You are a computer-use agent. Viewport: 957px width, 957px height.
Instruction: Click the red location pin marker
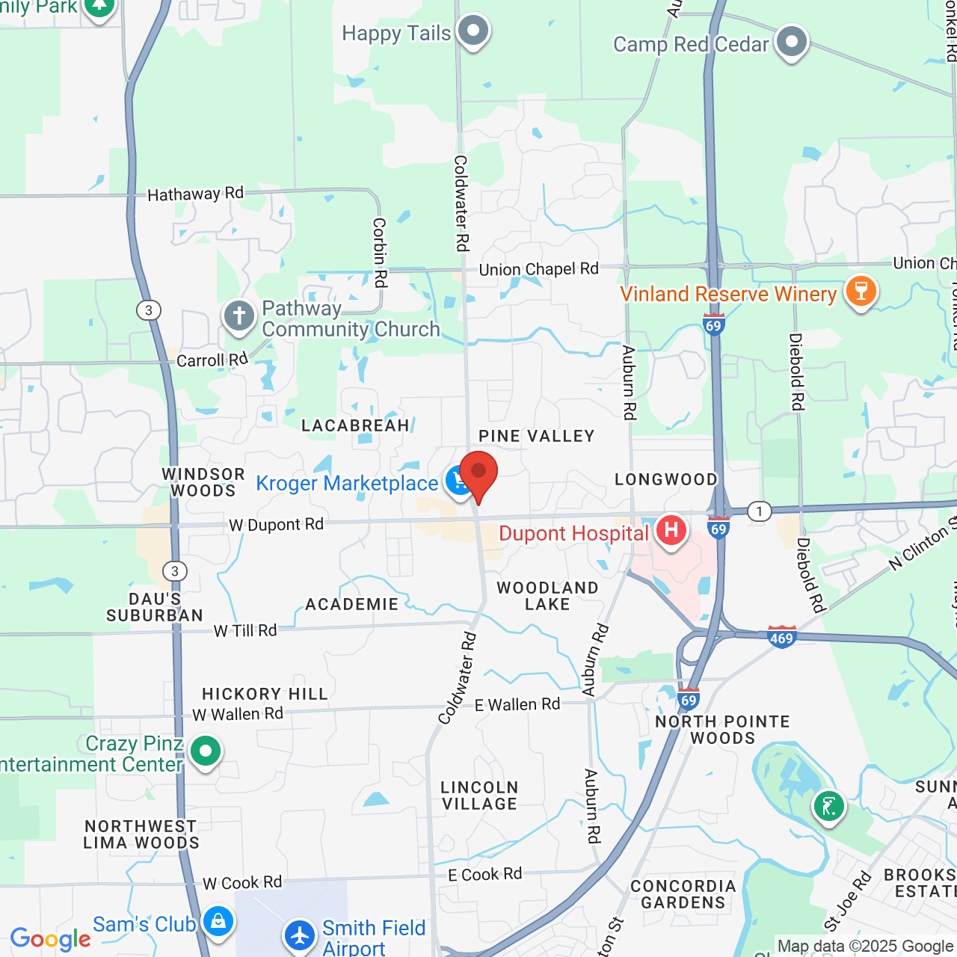[478, 474]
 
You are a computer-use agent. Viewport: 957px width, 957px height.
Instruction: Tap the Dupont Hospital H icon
[671, 531]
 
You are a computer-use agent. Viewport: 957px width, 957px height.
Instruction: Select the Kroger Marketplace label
[347, 484]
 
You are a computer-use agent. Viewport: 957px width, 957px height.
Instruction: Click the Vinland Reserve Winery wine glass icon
[861, 291]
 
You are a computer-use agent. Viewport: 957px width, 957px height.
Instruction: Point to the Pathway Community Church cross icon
[239, 316]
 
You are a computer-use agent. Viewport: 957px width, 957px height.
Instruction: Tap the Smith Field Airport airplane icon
[300, 935]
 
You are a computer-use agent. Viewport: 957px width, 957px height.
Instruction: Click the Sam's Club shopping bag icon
[218, 921]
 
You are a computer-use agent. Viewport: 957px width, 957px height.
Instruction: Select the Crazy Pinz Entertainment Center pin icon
[206, 750]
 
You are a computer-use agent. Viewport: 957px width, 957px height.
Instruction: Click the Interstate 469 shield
[781, 637]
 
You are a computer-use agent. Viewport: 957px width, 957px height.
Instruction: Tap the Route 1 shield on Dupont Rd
[759, 511]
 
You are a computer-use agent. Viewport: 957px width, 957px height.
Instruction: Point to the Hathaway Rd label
[195, 194]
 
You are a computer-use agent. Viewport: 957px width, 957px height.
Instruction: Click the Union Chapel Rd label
[538, 269]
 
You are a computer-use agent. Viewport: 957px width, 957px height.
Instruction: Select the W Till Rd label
[245, 631]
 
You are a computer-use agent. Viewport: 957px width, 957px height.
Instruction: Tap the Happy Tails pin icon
[473, 31]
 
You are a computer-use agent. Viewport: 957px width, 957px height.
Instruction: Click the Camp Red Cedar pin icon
[791, 42]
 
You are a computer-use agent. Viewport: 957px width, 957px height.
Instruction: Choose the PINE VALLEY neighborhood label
[536, 436]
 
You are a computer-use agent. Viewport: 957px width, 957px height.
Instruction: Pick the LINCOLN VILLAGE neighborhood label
[479, 796]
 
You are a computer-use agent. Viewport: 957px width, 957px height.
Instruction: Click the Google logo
[51, 939]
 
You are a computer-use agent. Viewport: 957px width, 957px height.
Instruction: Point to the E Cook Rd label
[484, 874]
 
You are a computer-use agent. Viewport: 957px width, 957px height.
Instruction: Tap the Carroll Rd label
[212, 360]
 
